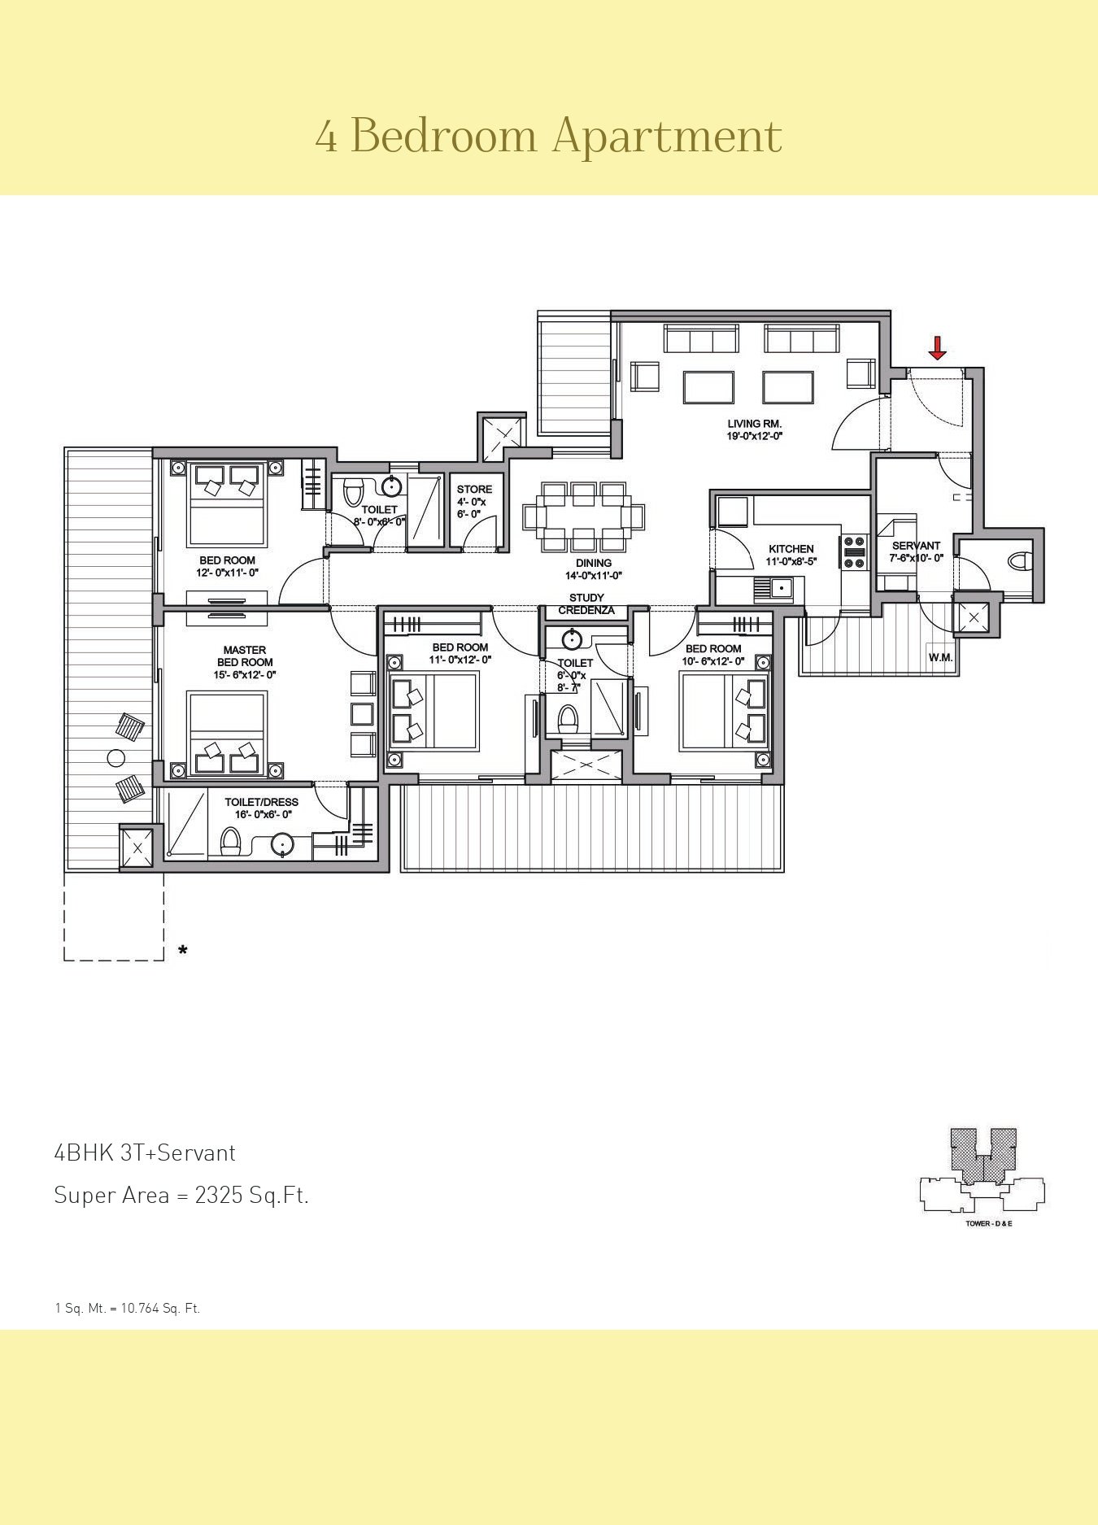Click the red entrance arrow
click(x=938, y=348)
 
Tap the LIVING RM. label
click(x=755, y=423)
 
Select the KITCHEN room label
click(x=791, y=549)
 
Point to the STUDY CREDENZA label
click(x=586, y=604)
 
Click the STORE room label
click(x=474, y=489)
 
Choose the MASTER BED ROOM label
click(x=245, y=656)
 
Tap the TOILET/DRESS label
click(x=262, y=802)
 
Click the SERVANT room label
click(x=916, y=546)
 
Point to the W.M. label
click(x=941, y=657)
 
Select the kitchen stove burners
click(x=855, y=551)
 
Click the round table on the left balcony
click(x=116, y=758)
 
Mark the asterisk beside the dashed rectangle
click(x=183, y=950)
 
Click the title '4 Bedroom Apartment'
click(x=549, y=135)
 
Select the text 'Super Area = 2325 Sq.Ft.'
click(x=181, y=1195)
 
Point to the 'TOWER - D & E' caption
click(x=989, y=1224)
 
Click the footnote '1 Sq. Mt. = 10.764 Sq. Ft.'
click(x=128, y=1309)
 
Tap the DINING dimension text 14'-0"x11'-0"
click(x=594, y=575)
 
